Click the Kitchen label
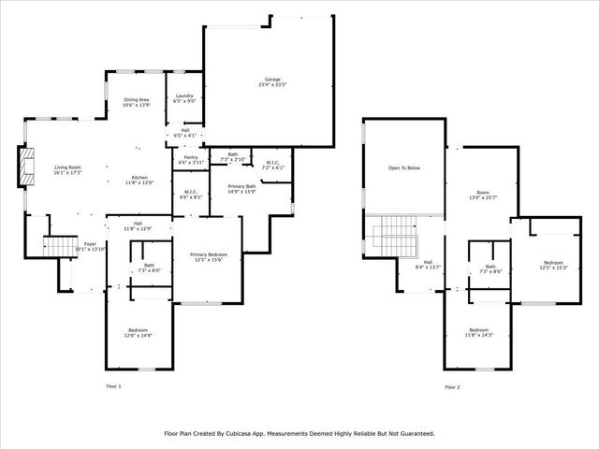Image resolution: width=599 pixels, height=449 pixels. pos(139,180)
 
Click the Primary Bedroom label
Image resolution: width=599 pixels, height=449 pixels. pos(209,256)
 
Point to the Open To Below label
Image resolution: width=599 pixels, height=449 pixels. pos(404,168)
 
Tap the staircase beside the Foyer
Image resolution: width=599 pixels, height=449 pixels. pos(59,245)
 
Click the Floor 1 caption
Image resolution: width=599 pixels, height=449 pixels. pos(113,386)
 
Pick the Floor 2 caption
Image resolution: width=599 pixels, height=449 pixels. pos(452,386)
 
